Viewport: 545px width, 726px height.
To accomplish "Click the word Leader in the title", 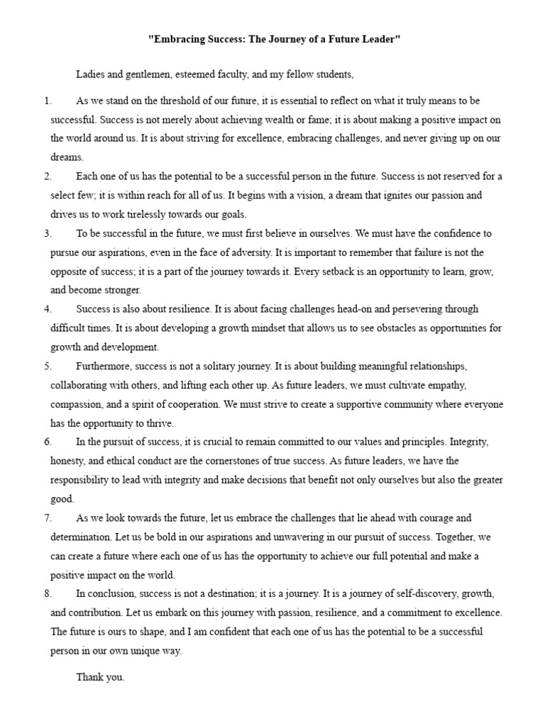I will click(x=379, y=41).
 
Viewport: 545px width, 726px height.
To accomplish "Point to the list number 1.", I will click(x=48, y=101).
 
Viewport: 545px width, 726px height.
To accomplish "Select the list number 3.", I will click(x=48, y=233).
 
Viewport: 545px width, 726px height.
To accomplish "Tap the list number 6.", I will click(x=48, y=442).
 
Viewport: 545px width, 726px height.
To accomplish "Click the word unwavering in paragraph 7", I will click(x=270, y=537).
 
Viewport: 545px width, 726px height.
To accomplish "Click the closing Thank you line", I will click(x=100, y=677).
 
